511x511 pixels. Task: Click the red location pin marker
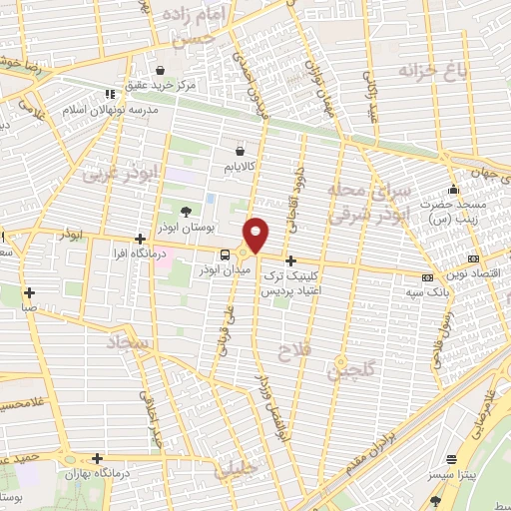tap(257, 234)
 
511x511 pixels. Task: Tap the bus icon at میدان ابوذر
tap(224, 255)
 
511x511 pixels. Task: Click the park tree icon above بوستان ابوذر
tap(186, 211)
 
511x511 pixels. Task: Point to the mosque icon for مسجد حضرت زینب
tap(453, 190)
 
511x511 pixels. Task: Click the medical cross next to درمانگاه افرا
tap(140, 239)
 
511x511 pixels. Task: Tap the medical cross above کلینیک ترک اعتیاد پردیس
tap(290, 259)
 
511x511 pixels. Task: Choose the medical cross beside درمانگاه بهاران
tap(96, 458)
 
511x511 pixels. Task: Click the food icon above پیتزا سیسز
tap(452, 460)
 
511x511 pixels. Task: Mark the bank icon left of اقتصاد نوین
tap(427, 276)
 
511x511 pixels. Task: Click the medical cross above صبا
tap(30, 292)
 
